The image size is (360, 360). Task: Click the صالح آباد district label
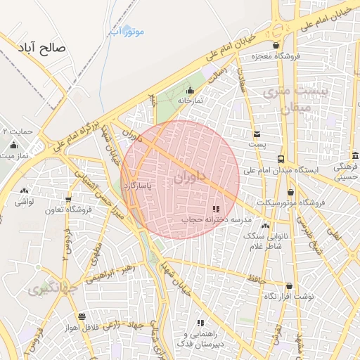(44, 49)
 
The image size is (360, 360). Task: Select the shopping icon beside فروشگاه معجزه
(276, 45)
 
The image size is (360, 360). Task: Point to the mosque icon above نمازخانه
(189, 90)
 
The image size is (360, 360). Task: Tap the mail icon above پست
(257, 134)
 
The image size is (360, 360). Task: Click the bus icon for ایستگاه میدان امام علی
(281, 159)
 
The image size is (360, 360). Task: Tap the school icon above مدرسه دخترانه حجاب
(216, 209)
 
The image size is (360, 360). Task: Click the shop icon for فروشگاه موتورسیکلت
(291, 192)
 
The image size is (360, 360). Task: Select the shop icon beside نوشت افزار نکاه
(290, 285)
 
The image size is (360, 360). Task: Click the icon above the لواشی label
(25, 191)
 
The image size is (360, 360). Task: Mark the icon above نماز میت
(13, 146)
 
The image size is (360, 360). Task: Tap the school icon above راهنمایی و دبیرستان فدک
(200, 323)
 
